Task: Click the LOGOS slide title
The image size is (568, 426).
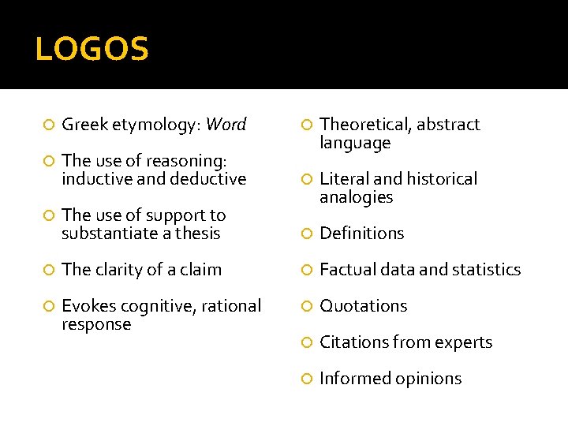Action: click(x=92, y=50)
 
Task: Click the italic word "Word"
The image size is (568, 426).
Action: click(x=226, y=125)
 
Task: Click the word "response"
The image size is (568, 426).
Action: click(x=96, y=324)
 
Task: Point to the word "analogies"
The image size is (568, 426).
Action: click(x=356, y=197)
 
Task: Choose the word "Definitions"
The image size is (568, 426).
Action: click(x=361, y=234)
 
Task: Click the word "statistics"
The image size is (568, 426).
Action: click(x=484, y=270)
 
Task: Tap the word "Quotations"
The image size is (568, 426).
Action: click(x=363, y=306)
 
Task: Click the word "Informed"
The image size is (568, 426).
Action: click(x=352, y=379)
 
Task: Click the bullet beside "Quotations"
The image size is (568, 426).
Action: click(x=307, y=307)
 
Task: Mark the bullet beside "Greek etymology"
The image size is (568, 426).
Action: click(x=49, y=125)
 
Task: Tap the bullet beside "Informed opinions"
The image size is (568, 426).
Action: click(x=307, y=379)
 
